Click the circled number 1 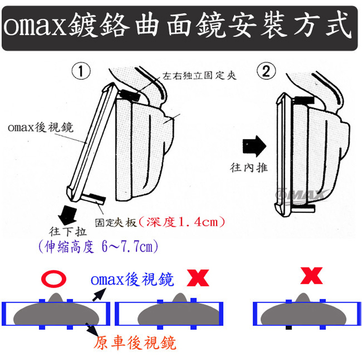tap(81, 72)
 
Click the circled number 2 tap(266, 72)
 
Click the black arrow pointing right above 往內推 tap(254, 144)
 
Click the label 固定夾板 tap(116, 223)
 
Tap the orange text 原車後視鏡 tap(135, 342)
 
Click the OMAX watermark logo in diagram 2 tap(301, 194)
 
